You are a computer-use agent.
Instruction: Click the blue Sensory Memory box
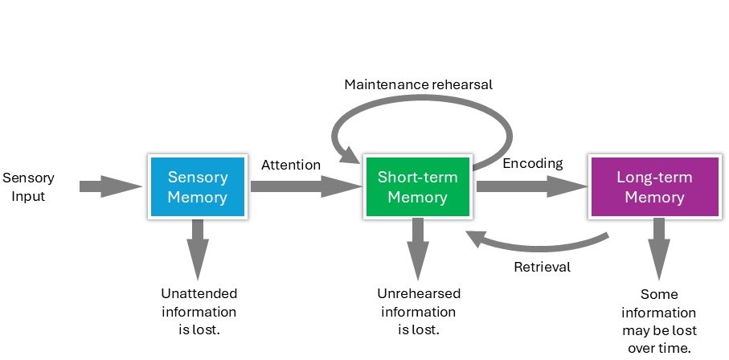click(197, 186)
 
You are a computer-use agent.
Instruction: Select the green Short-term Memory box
click(417, 186)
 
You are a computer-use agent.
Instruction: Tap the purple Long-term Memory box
click(653, 186)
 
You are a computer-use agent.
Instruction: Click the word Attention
click(291, 165)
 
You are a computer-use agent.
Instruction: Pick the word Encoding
click(533, 164)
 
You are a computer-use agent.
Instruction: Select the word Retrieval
click(542, 267)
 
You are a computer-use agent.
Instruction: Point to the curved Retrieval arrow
click(539, 243)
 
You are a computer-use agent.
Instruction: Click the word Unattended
click(199, 293)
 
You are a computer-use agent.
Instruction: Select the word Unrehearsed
click(418, 293)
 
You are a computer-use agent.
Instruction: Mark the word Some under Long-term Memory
click(658, 294)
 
